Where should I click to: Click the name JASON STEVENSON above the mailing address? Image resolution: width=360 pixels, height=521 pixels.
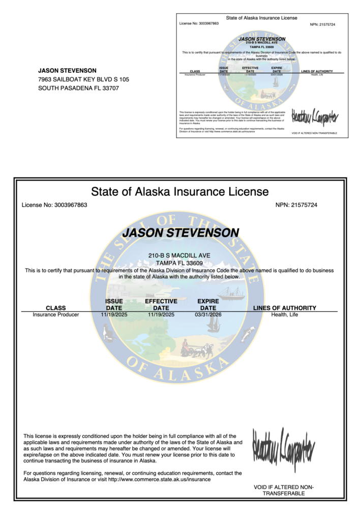[67, 70]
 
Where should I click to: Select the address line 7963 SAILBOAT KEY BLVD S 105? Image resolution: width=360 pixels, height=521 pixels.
[84, 79]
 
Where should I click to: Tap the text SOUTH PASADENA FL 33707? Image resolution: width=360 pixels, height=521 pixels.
[79, 88]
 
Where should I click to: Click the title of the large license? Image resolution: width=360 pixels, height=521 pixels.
[179, 192]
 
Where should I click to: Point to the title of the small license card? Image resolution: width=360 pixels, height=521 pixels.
[262, 18]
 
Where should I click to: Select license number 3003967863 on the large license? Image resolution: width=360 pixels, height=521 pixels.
[54, 205]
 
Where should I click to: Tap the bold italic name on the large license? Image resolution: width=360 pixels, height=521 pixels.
[181, 233]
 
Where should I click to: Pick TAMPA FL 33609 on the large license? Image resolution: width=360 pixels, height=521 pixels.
[179, 263]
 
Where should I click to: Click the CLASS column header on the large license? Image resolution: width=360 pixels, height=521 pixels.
[56, 308]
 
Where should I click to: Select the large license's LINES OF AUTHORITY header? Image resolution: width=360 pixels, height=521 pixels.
[284, 308]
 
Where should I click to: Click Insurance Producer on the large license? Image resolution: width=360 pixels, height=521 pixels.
[56, 314]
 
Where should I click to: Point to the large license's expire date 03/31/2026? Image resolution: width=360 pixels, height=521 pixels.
[208, 314]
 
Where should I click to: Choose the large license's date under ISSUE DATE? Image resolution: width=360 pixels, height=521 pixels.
[114, 314]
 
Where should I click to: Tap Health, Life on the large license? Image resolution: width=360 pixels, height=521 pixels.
[284, 314]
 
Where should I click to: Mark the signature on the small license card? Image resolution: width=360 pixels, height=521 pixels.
[314, 117]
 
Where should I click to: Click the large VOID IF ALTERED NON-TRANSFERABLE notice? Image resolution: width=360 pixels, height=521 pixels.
[284, 490]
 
